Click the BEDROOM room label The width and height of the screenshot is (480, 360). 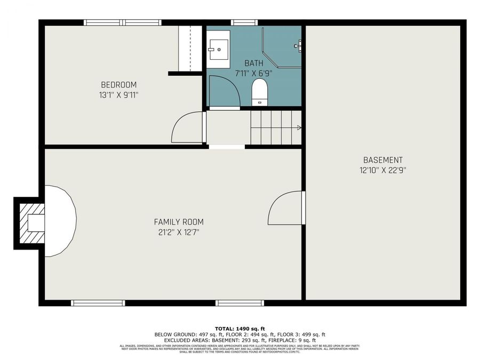tap(118, 85)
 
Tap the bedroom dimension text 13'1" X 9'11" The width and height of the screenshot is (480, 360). tap(118, 95)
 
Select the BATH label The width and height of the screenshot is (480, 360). tap(254, 63)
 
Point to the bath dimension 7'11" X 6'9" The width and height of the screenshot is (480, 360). tap(254, 73)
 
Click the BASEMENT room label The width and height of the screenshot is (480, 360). tap(382, 160)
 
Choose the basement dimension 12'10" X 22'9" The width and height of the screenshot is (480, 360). tap(382, 170)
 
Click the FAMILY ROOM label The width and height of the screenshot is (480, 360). tap(178, 222)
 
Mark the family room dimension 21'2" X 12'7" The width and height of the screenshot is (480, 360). tap(178, 232)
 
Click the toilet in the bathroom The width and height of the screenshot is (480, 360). tap(260, 92)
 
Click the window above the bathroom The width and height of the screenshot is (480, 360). tap(244, 22)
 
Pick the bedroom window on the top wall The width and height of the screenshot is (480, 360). tap(123, 22)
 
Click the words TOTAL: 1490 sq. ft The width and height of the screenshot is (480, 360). tap(239, 329)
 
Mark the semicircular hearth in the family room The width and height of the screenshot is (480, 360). tap(60, 221)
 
